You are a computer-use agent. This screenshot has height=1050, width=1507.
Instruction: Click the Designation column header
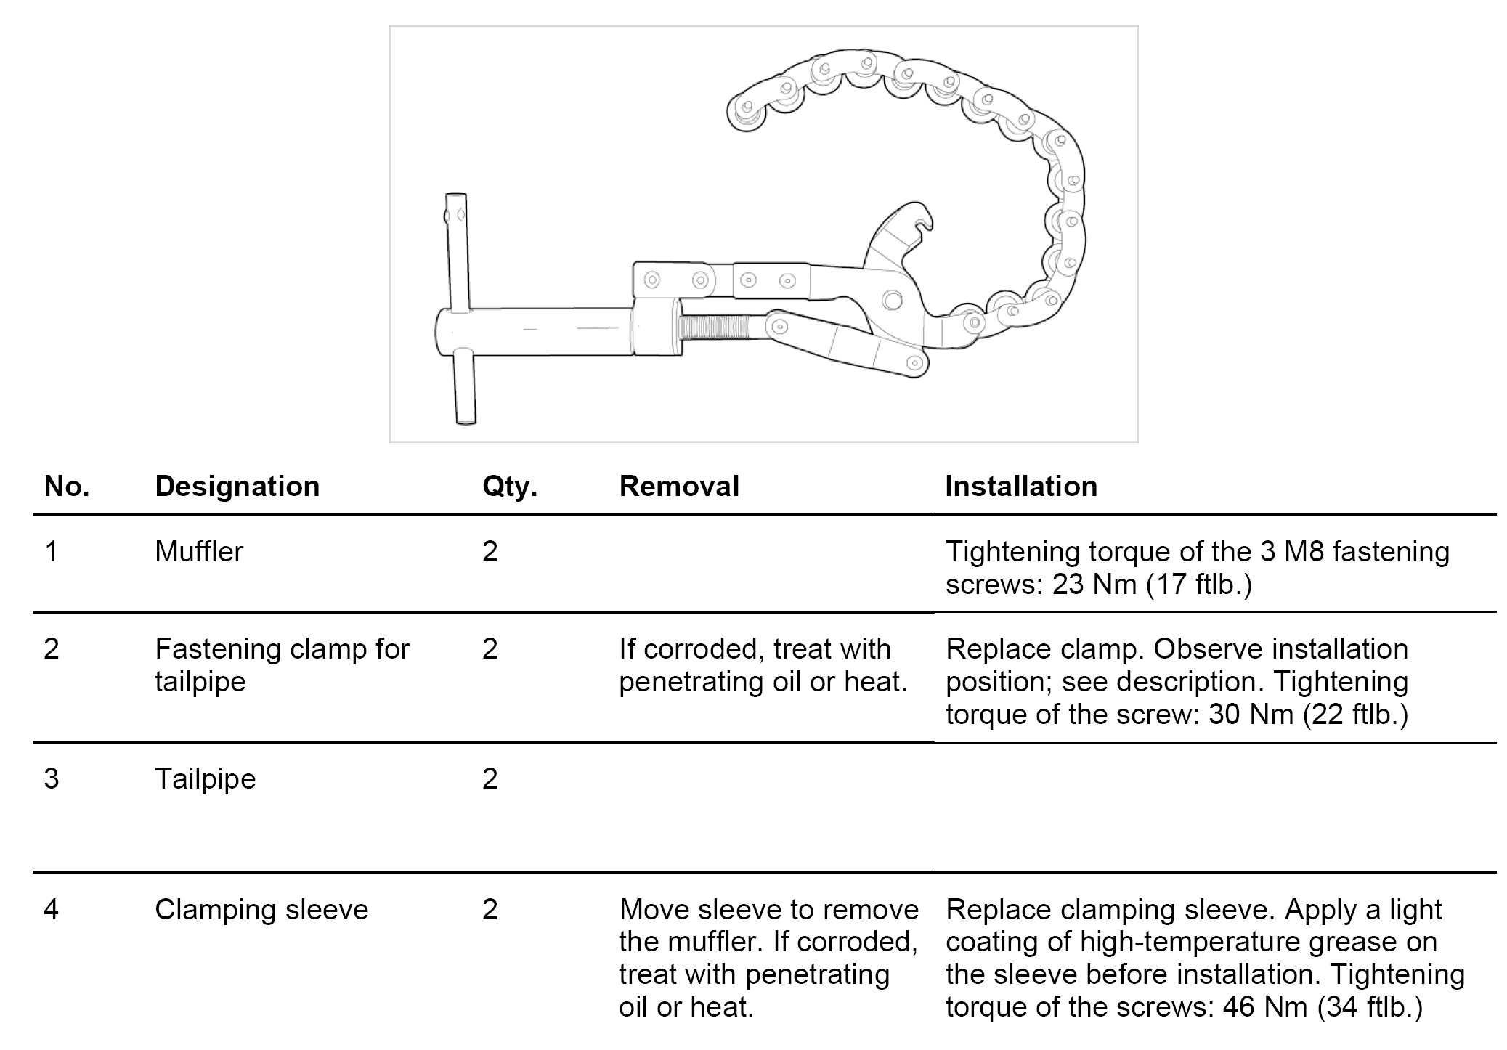coord(237,487)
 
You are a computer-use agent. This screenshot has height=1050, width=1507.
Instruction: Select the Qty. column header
coord(509,487)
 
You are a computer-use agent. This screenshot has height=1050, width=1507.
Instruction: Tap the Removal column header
coord(678,487)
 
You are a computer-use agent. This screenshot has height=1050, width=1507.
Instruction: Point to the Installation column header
coord(1020,487)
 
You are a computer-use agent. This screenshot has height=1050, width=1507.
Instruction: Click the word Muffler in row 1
coord(198,552)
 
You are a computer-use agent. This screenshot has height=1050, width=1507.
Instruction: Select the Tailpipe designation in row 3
coord(205,779)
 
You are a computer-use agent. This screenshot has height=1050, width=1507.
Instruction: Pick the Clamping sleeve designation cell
coord(261,910)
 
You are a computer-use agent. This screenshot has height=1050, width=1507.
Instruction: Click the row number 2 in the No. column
coord(51,649)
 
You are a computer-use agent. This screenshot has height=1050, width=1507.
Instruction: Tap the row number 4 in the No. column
coord(51,910)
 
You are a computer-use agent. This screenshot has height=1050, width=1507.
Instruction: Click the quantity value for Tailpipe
coord(490,779)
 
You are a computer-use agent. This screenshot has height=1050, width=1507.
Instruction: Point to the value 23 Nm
coord(1094,585)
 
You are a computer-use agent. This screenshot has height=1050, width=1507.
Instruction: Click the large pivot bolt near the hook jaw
coord(890,299)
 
